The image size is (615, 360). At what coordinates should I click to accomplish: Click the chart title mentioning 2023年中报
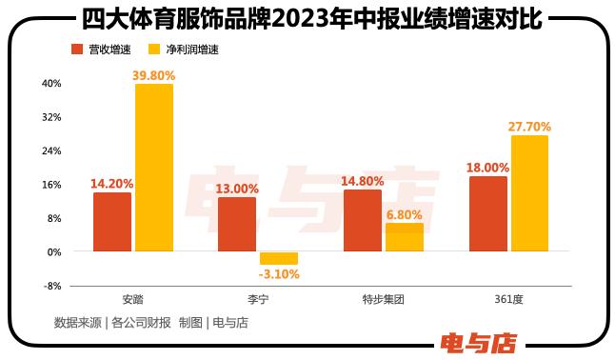[x=307, y=16]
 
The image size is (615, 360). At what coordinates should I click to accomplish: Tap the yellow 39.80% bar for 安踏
[x=153, y=168]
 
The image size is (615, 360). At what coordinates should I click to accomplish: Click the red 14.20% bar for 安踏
[x=112, y=222]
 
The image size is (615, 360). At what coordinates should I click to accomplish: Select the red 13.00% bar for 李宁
[x=237, y=224]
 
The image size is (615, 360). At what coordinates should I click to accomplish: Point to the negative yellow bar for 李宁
[x=279, y=258]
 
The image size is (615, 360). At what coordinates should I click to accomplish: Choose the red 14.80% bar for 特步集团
[x=362, y=220]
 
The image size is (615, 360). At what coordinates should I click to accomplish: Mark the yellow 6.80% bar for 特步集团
[x=404, y=237]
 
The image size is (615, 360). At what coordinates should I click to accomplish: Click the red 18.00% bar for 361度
[x=487, y=213]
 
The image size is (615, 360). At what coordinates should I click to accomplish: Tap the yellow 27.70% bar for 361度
[x=529, y=193]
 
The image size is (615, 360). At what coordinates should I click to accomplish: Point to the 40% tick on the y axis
[x=50, y=84]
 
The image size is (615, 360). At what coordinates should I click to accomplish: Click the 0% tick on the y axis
[x=53, y=252]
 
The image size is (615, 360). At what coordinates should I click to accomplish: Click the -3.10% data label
[x=279, y=274]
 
